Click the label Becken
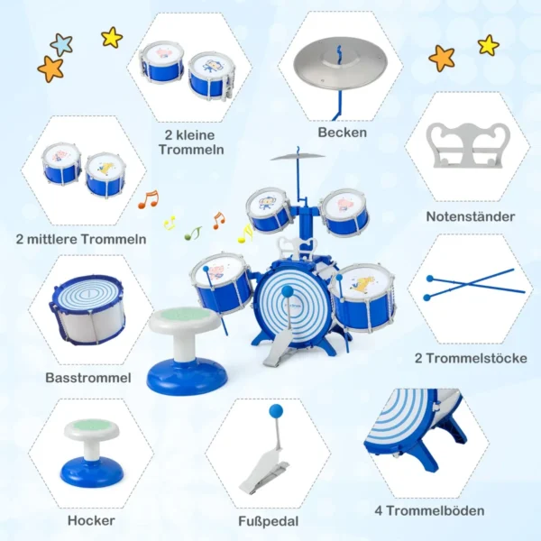[343, 133]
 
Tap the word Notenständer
[471, 216]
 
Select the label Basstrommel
[88, 378]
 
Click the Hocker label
[91, 520]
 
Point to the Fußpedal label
[269, 521]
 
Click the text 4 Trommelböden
[429, 511]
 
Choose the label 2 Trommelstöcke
[471, 359]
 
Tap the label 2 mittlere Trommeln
[81, 239]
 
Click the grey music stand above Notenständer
[468, 145]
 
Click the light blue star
[61, 45]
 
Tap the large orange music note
[149, 199]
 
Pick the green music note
[193, 233]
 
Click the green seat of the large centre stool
[183, 315]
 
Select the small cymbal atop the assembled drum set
[298, 157]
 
